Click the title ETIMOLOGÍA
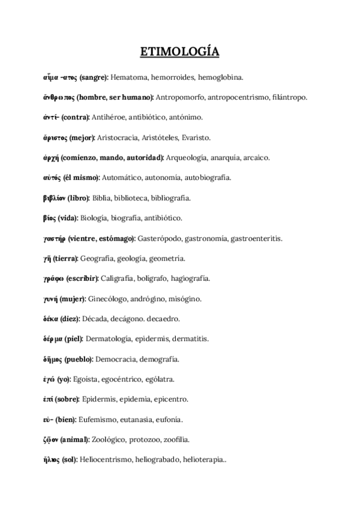click(179, 53)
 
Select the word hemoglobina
click(220, 77)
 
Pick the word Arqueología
click(186, 157)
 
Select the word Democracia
click(116, 359)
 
